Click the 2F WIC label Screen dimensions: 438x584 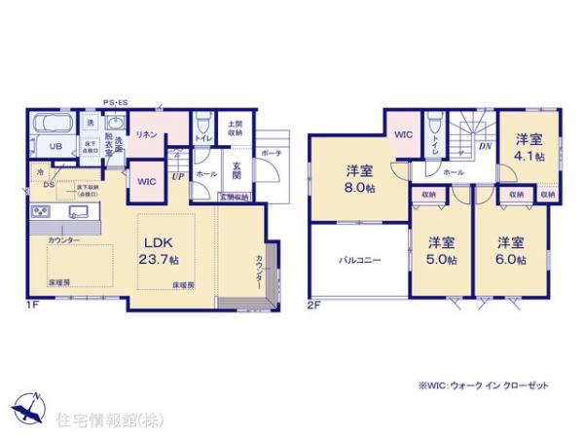[x=403, y=135]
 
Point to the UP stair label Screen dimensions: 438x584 [x=177, y=176]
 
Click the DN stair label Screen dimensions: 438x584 [x=484, y=147]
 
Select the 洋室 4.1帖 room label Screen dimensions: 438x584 [x=529, y=147]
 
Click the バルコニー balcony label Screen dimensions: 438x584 [x=359, y=261]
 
